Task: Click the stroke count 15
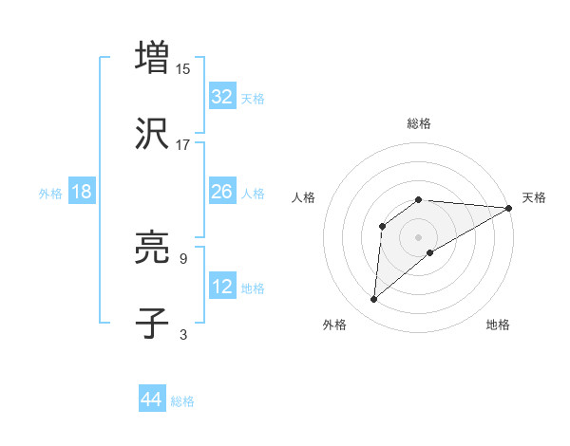coord(184,68)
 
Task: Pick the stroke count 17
coord(183,144)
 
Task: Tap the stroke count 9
coord(182,258)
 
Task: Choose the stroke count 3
coord(182,334)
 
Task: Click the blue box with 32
coord(222,97)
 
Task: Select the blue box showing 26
coord(222,192)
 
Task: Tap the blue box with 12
coord(222,287)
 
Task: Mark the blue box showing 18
coord(82,192)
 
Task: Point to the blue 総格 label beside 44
coord(182,401)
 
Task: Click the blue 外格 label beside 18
coord(50,194)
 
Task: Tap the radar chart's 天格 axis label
coord(534,197)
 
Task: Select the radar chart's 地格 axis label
coord(498,325)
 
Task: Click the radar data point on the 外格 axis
coord(374,300)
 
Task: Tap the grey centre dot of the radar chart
coord(419,236)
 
